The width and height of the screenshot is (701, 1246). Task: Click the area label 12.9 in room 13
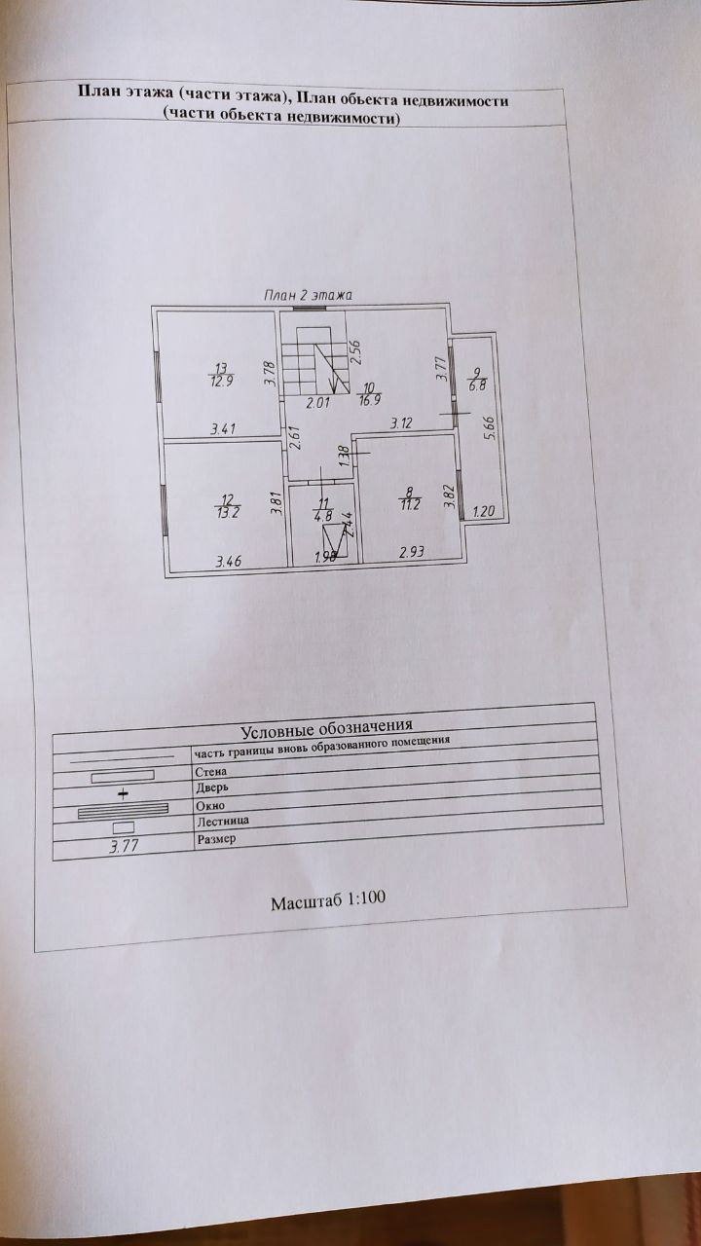point(222,382)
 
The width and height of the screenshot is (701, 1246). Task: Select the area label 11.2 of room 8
point(408,504)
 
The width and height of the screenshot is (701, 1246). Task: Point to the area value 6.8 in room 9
point(477,385)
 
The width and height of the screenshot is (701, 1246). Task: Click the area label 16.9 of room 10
point(369,397)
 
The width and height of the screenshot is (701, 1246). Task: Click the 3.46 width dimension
point(228,562)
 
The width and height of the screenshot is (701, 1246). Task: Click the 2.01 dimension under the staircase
point(318,402)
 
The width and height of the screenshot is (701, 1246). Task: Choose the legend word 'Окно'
point(210,805)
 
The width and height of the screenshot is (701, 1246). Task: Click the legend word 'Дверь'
point(212,788)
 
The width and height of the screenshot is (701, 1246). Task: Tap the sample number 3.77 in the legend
point(125,845)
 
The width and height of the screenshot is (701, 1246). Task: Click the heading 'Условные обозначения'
point(326,726)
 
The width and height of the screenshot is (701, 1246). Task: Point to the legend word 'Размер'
point(216,838)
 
